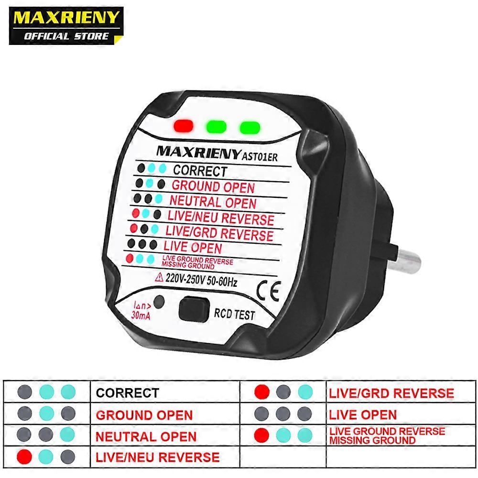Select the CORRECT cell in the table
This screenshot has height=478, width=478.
(x=127, y=393)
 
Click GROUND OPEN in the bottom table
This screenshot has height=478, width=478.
(x=144, y=415)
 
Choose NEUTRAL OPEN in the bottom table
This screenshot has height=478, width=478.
(x=146, y=436)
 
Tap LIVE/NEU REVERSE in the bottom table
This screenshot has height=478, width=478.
(x=158, y=457)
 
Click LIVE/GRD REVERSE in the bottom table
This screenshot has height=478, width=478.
(x=391, y=393)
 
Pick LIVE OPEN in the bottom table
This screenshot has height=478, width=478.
(x=363, y=415)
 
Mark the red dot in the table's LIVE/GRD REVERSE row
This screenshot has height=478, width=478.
(x=262, y=392)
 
